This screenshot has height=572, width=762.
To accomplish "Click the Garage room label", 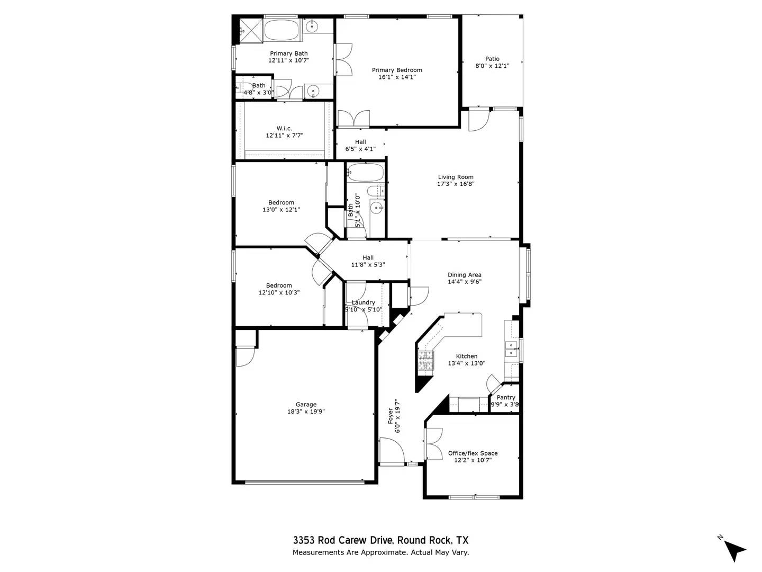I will pos(306,404).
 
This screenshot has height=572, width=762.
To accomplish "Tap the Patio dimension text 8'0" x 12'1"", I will pos(492,66).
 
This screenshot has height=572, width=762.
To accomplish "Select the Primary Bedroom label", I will pos(397,70).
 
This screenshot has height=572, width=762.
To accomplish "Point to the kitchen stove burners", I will pos(425,361).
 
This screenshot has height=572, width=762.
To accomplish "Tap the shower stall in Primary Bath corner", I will pos(250,29).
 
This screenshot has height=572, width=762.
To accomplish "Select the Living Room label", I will pos(455,177).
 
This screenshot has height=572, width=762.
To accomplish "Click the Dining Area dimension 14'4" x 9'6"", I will pos(464,282).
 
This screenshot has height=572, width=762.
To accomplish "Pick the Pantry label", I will pos(506,397).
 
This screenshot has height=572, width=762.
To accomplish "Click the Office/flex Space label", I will pos(473,453).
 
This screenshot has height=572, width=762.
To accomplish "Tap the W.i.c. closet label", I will pos(284,128).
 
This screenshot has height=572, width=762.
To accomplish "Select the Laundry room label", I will pos(363,302).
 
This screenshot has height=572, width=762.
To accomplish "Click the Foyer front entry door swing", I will pos(392,451).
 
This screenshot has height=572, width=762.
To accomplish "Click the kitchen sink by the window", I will pos(511,346).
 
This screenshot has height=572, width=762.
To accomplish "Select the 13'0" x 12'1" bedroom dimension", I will pos(281,209).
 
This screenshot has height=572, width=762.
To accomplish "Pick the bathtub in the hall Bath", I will pos(365,173).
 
